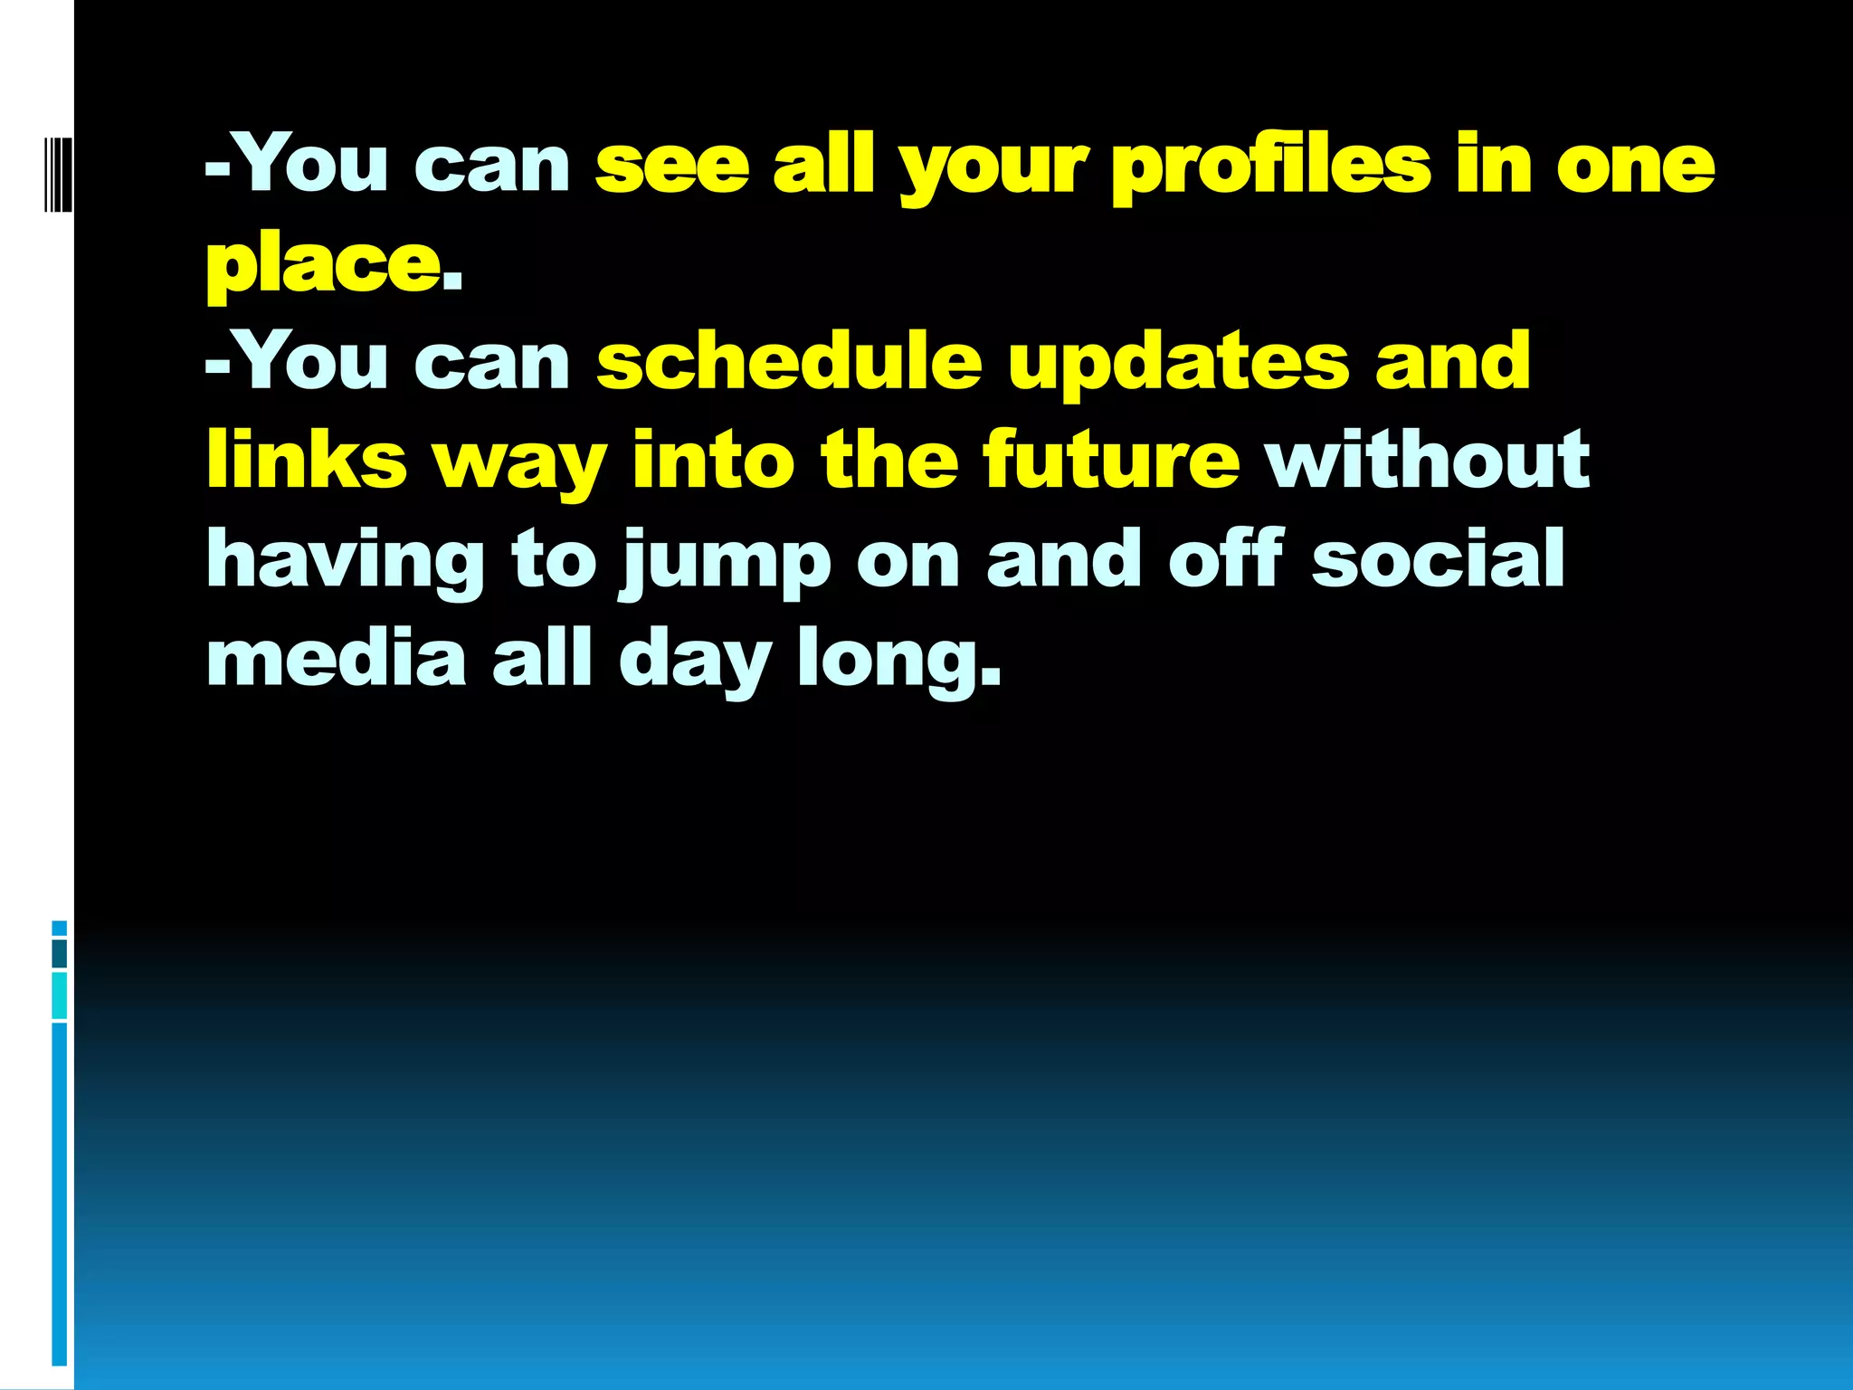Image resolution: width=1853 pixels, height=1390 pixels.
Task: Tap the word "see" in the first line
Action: (x=672, y=167)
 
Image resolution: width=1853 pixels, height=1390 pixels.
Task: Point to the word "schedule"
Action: (x=789, y=362)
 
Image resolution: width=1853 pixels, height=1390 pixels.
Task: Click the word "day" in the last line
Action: (x=694, y=661)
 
